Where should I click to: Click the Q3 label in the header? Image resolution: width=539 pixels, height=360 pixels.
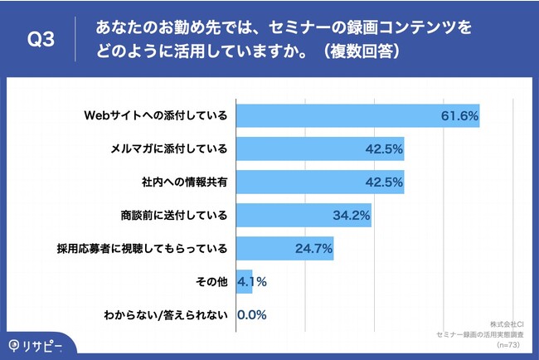(x=41, y=40)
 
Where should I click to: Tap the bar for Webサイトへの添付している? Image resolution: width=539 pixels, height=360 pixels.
(x=357, y=116)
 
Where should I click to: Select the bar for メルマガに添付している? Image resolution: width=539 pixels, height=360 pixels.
(x=320, y=149)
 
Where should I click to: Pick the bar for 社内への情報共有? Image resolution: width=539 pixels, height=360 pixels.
(x=320, y=182)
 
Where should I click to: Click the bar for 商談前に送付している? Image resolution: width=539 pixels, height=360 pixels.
(x=303, y=215)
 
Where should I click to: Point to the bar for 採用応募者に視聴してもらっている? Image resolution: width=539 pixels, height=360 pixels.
(x=284, y=247)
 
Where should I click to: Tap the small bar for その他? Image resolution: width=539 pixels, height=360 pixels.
(x=245, y=281)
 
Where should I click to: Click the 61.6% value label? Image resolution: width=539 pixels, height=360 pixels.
(x=459, y=116)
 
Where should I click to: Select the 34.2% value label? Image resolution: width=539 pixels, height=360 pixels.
(x=351, y=216)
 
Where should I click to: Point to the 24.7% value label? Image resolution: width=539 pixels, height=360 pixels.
(x=313, y=248)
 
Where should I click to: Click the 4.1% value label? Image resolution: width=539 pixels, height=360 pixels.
(x=252, y=281)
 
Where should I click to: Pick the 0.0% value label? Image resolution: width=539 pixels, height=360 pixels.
(x=251, y=314)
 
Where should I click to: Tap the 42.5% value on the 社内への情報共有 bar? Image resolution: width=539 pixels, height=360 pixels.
(x=384, y=182)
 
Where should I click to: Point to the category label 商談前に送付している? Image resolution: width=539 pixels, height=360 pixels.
(x=173, y=215)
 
